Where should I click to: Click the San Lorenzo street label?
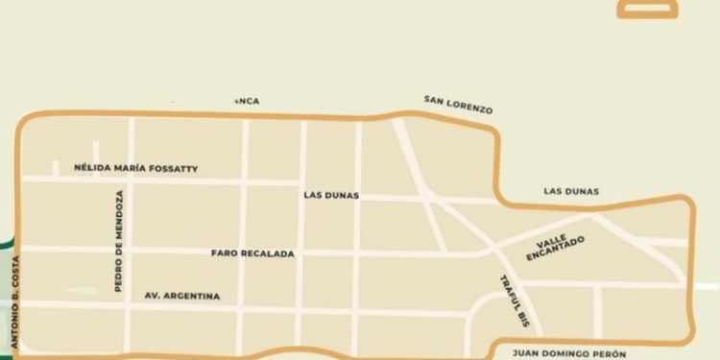[x=458, y=105]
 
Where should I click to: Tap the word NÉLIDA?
[x=93, y=168]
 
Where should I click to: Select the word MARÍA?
[x=132, y=168]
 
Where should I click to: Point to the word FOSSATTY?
[x=176, y=168]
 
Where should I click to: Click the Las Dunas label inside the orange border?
[x=330, y=195]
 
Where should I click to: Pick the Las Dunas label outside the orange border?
[x=570, y=191]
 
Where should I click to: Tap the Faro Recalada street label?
[x=252, y=253]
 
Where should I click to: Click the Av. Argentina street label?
[x=181, y=296]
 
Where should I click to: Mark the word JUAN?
[x=528, y=352]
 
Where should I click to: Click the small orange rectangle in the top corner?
[x=649, y=8]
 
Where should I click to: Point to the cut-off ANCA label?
[x=247, y=101]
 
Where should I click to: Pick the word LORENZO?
[x=473, y=108]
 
